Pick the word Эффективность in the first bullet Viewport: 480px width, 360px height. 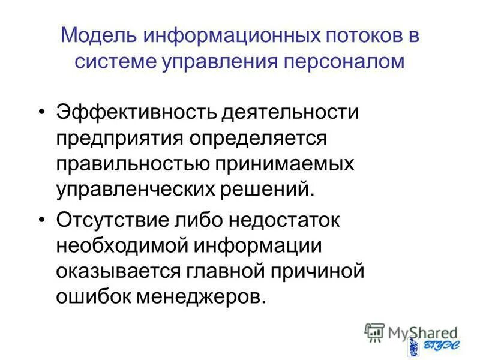click(x=128, y=112)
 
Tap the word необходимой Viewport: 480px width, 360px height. click(x=116, y=245)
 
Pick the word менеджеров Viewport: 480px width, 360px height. click(x=201, y=296)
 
